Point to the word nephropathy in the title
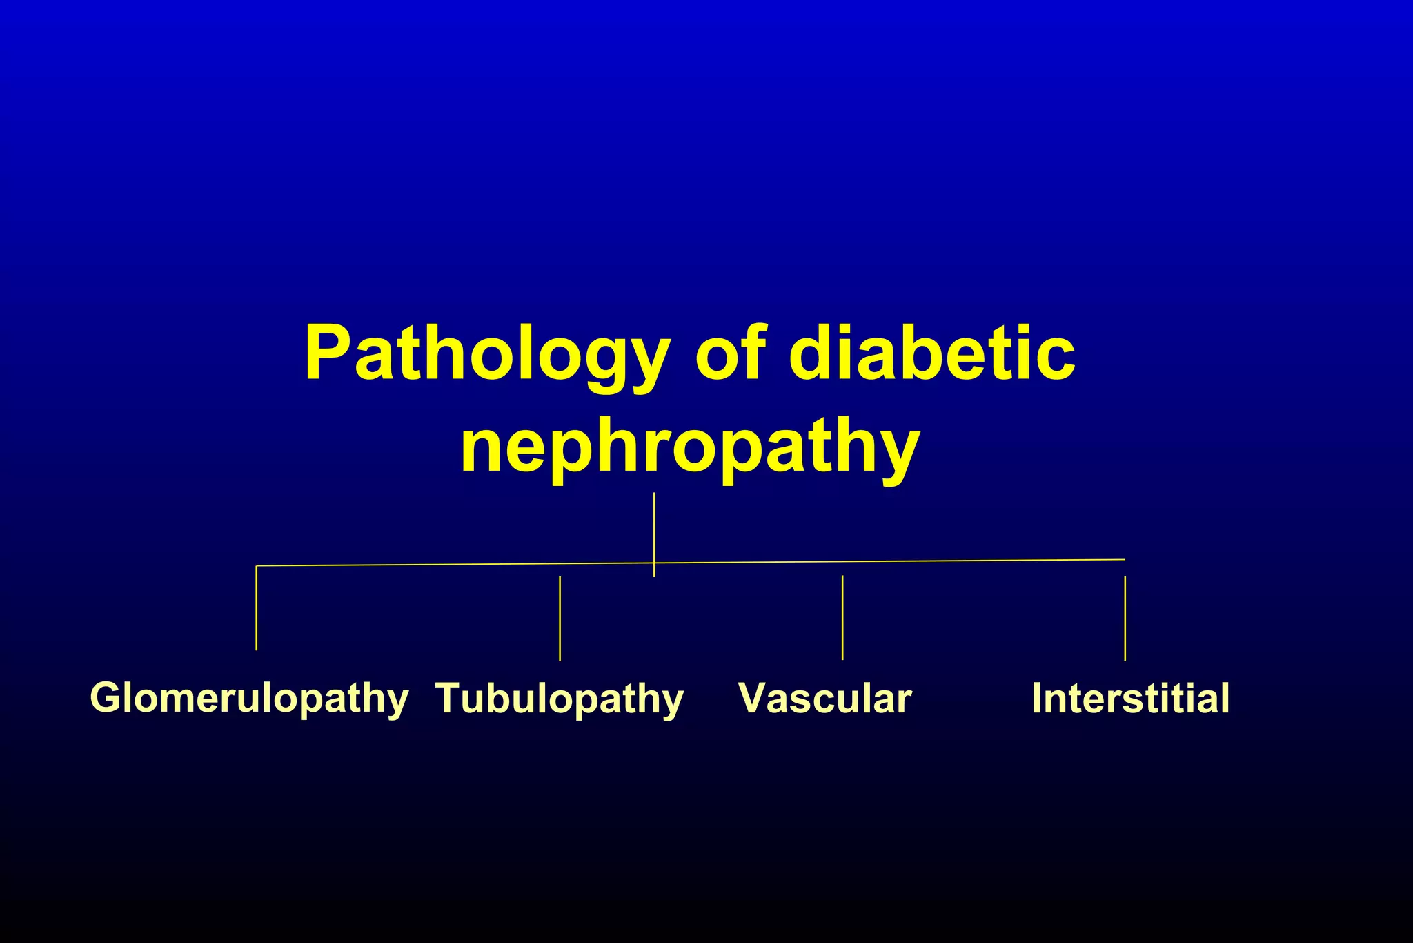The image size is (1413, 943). [690, 449]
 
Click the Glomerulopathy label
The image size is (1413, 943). [249, 698]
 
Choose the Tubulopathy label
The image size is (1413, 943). [560, 699]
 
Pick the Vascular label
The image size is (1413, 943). [825, 698]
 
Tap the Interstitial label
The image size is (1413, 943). [1130, 698]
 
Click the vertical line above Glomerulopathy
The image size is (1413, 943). [257, 607]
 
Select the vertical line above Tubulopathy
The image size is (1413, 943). [560, 618]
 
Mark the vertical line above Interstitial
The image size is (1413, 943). [1125, 618]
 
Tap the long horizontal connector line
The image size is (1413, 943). [897, 561]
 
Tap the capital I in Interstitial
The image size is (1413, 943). [1037, 698]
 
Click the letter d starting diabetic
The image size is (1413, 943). [814, 353]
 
